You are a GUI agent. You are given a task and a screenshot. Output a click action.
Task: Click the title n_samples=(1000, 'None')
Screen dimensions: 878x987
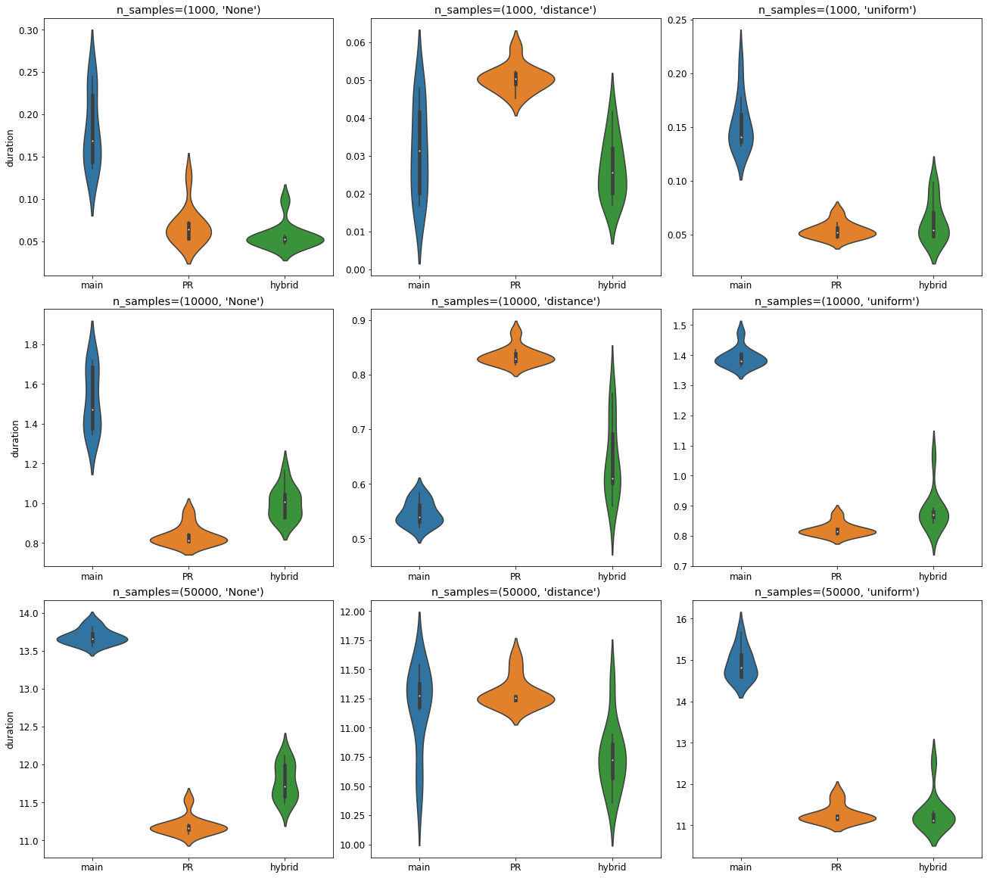[188, 10]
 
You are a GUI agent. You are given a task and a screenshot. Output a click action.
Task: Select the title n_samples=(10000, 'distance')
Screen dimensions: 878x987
[515, 301]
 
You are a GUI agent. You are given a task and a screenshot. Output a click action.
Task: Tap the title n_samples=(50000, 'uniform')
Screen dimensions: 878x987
[836, 592]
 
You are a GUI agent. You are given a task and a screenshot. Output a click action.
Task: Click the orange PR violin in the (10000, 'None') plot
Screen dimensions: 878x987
[188, 539]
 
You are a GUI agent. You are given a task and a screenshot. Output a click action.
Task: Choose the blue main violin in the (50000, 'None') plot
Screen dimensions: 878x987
[92, 639]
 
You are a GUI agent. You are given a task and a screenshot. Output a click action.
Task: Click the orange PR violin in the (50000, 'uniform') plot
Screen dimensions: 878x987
[836, 817]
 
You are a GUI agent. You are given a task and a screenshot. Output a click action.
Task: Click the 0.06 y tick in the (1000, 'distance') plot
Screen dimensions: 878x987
[354, 42]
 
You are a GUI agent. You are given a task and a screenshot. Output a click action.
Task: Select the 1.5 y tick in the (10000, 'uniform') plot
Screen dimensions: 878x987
[677, 325]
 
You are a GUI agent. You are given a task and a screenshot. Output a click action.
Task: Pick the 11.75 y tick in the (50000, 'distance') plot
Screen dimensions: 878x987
[352, 641]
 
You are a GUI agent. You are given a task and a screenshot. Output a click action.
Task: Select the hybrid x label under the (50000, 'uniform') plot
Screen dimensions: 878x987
[933, 867]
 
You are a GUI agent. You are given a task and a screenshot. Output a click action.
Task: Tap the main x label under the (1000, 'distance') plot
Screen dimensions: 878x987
[419, 285]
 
